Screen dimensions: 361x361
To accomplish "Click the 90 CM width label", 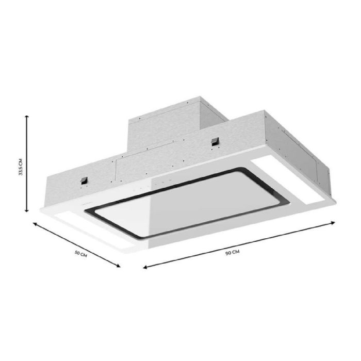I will (233, 252).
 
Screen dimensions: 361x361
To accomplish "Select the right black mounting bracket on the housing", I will (213, 141).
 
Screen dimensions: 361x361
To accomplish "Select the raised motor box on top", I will (165, 124).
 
